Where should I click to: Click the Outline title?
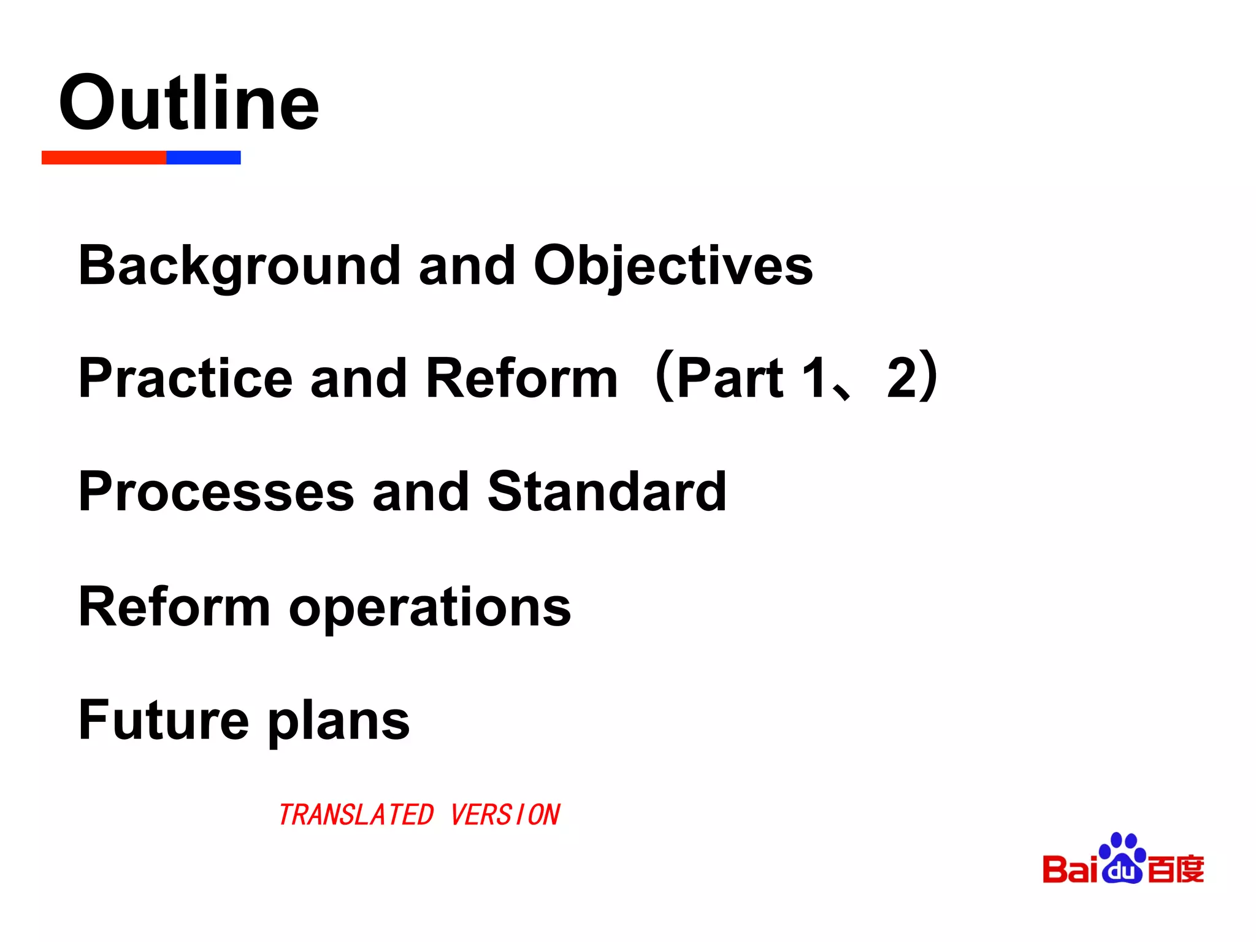[x=189, y=103]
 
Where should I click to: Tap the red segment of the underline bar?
[x=104, y=158]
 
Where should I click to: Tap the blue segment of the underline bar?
[x=203, y=158]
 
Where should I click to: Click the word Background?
[x=239, y=266]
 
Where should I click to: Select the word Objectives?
[x=673, y=266]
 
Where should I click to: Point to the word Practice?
[x=185, y=378]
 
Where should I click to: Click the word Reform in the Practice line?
[x=521, y=378]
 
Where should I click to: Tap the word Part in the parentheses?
[x=730, y=378]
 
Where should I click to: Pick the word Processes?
[x=216, y=491]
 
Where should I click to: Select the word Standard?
[x=607, y=491]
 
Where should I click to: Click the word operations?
[x=430, y=607]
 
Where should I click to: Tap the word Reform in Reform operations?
[x=174, y=607]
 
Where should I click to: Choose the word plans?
[x=339, y=721]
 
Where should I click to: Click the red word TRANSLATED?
[x=356, y=815]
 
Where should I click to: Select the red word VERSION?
[x=505, y=815]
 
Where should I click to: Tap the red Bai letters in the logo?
[x=1070, y=870]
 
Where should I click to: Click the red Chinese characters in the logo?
[x=1176, y=870]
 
